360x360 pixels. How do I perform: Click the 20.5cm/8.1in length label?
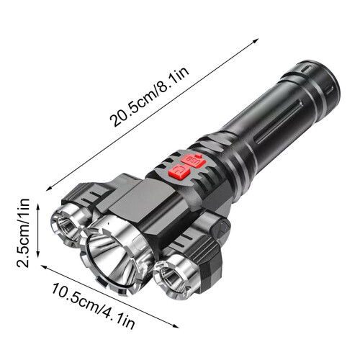click(149, 96)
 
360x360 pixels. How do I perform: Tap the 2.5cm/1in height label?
click(23, 233)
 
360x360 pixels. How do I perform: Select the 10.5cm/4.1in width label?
click(93, 307)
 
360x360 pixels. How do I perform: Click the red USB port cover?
click(194, 160)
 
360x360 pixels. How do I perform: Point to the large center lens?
click(112, 261)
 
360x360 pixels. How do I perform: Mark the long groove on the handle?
click(279, 122)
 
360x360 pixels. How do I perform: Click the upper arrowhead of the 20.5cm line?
click(256, 40)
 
